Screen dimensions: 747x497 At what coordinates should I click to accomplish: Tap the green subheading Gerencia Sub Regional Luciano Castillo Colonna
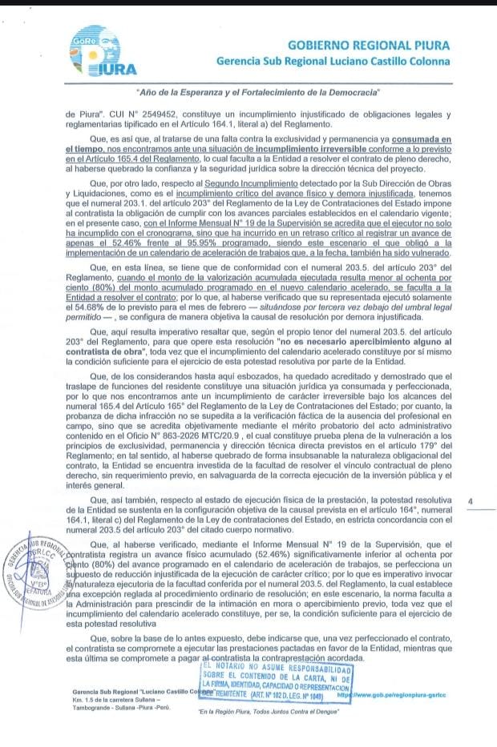(333, 61)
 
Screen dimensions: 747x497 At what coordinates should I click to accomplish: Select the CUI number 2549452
(149, 114)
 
